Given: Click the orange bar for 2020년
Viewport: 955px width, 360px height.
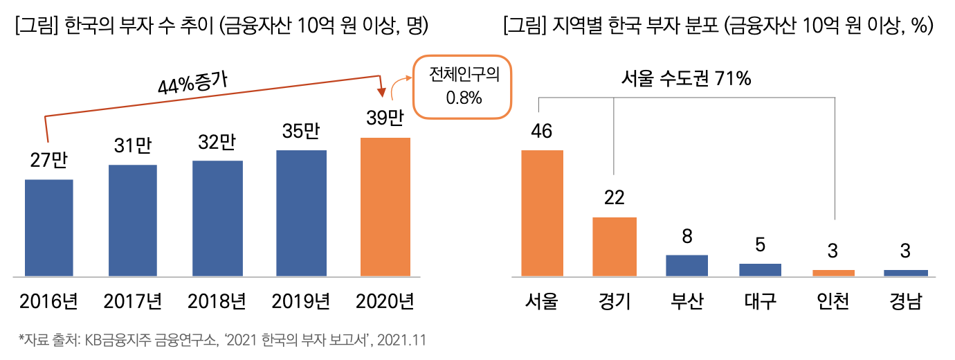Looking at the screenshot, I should coord(385,206).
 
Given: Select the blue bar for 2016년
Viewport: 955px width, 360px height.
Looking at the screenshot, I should coord(48,227).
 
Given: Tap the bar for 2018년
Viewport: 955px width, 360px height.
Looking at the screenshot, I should coord(217,218).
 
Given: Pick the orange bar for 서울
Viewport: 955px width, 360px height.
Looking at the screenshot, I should coord(542,213).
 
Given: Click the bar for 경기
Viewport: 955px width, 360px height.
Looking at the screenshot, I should coord(615,246).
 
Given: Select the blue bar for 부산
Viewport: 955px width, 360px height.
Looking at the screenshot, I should coord(686,265).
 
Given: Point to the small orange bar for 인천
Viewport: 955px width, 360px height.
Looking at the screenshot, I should coord(833,273).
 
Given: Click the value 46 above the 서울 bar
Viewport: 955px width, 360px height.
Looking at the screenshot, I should coord(541,131).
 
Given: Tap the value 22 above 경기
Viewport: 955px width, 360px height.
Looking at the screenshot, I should coord(614,198).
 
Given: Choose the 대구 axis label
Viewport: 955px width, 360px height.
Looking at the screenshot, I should coord(760,302).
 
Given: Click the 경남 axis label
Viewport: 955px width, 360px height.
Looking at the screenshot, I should coord(905,302).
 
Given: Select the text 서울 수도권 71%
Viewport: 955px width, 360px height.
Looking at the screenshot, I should coord(685,80).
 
